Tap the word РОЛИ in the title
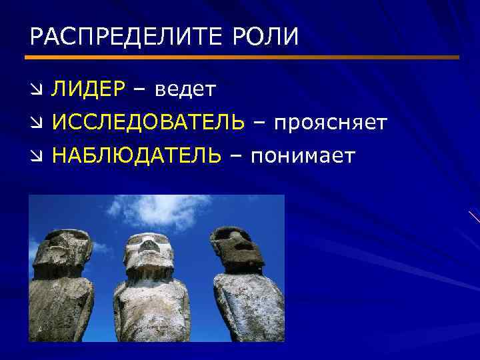click(x=266, y=36)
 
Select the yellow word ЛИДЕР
click(x=89, y=89)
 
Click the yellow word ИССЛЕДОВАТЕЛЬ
click(x=148, y=123)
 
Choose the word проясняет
click(x=329, y=123)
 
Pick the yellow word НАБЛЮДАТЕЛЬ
click(x=137, y=156)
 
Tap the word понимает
click(x=303, y=156)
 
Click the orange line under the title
click(x=244, y=57)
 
